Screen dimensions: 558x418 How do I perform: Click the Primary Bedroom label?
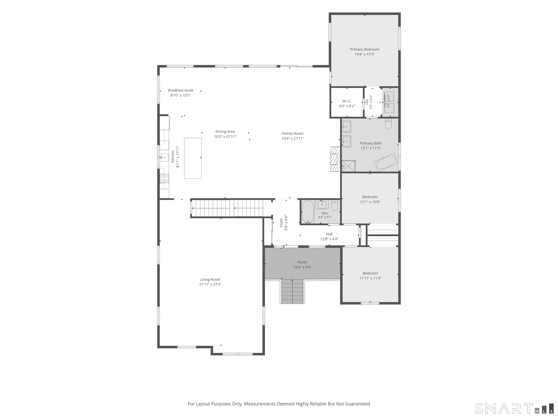point(365,49)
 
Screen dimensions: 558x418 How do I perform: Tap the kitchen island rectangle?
point(193,158)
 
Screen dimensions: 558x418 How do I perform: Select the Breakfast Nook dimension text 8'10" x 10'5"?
point(181,95)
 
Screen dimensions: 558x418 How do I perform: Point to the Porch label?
point(302,262)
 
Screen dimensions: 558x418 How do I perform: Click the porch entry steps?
point(292,292)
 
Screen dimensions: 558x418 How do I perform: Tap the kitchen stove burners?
point(164,178)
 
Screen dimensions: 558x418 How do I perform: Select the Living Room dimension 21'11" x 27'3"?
point(210,284)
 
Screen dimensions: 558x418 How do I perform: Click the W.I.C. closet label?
point(347,101)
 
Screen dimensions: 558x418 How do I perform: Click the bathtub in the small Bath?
point(308,212)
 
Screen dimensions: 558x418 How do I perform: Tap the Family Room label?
point(293,134)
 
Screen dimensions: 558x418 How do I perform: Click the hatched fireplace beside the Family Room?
point(335,159)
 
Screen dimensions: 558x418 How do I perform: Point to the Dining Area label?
point(225,132)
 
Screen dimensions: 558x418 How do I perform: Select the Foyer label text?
point(281,223)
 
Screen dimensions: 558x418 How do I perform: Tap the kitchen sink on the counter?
point(164,157)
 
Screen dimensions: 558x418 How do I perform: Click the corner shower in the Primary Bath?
point(348,166)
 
